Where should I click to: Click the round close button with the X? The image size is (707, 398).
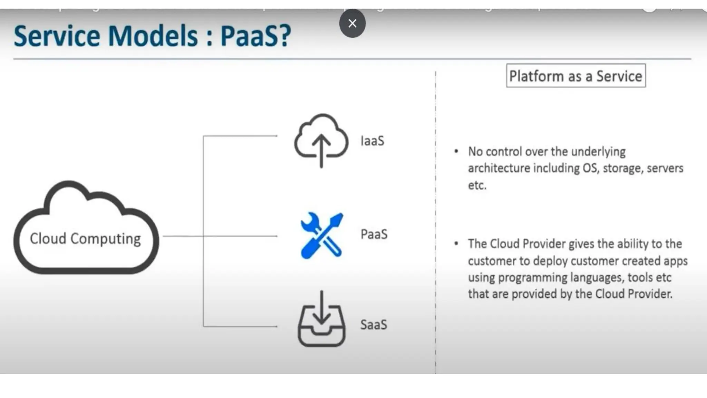[x=352, y=23]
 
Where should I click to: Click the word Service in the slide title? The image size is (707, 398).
[x=57, y=36]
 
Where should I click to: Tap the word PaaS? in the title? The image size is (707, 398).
[x=256, y=36]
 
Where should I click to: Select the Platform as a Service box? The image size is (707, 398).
[x=575, y=76]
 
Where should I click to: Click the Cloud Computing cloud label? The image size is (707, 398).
[x=85, y=238]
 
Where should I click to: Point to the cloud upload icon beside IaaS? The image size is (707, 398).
[x=321, y=140]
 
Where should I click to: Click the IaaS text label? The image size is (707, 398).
[x=372, y=141]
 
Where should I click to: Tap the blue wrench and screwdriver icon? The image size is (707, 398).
[x=322, y=236]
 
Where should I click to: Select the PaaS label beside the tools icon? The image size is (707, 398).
[x=374, y=234]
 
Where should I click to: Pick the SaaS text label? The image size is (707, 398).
[x=374, y=325]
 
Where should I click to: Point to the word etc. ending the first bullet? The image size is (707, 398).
[x=477, y=185]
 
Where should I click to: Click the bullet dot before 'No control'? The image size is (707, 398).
[x=456, y=151]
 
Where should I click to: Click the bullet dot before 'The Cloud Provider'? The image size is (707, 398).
[x=456, y=244]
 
